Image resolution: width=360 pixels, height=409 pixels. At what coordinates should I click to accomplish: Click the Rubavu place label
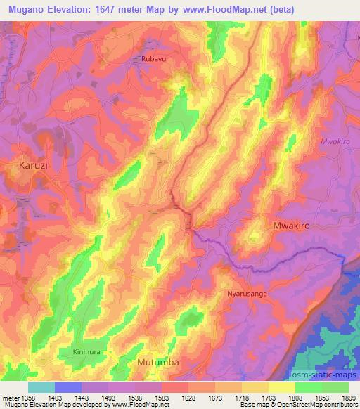154,60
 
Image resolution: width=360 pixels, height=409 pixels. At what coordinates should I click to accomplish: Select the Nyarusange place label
245,294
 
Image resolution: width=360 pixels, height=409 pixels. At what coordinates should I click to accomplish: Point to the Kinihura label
88,351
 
